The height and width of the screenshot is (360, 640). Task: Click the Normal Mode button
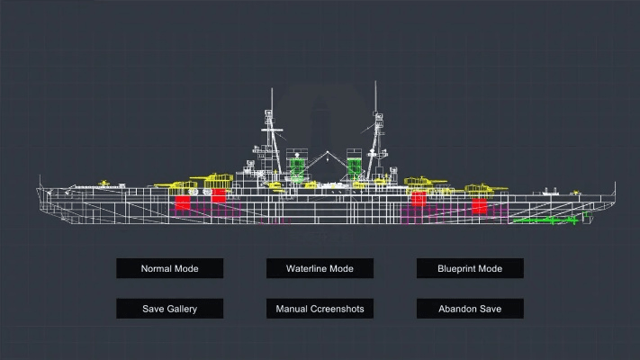coord(169,268)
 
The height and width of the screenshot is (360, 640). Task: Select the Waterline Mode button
coord(320,268)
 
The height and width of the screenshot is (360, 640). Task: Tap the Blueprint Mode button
coord(469,268)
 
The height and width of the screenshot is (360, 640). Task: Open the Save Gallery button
coord(169,309)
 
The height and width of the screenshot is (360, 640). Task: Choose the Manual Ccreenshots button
coord(320,309)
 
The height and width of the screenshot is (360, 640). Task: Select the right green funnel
coord(355,166)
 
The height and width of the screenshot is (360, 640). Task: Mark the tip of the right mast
coord(375,82)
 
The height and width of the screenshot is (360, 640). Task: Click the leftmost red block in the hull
coord(183,202)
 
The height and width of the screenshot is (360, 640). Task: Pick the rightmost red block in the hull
coord(479,206)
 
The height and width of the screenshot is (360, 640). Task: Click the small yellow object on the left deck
coord(105,184)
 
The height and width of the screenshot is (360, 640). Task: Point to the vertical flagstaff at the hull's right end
coord(616,190)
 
